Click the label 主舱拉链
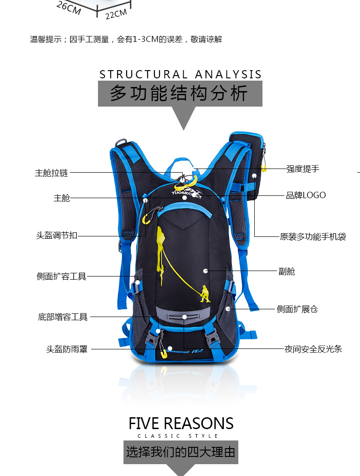tap(51, 173)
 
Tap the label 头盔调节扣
tap(57, 235)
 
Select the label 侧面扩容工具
tap(61, 276)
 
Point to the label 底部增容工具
tap(62, 317)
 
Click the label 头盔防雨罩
tap(66, 349)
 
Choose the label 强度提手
tap(303, 169)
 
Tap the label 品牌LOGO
tap(306, 195)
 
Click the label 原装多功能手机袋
tap(313, 236)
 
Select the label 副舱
tap(287, 271)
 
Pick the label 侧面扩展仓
tap(297, 309)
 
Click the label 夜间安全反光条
tap(313, 349)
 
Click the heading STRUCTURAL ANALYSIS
tap(180, 74)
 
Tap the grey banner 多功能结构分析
tap(180, 94)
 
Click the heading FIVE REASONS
tap(181, 424)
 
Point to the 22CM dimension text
tap(116, 14)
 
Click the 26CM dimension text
tap(68, 7)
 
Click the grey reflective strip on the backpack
tap(184, 315)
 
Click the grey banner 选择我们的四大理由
tap(181, 452)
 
